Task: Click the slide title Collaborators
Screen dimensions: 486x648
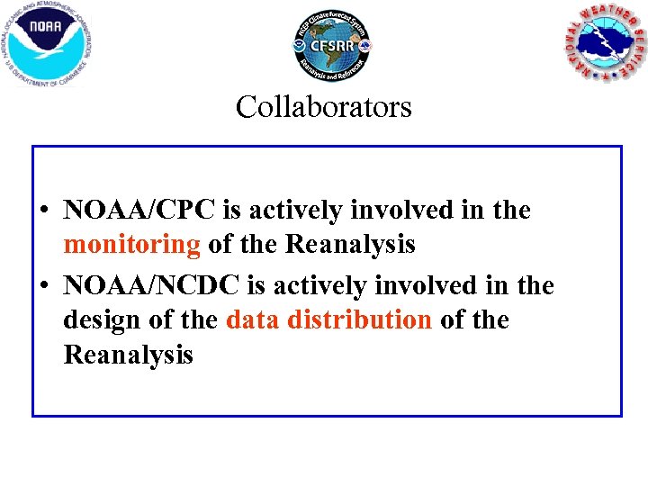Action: pyautogui.click(x=324, y=107)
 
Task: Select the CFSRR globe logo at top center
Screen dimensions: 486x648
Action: pyautogui.click(x=331, y=44)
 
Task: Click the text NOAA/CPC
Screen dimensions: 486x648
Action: pyautogui.click(x=139, y=211)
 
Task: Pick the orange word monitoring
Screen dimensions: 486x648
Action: pyautogui.click(x=131, y=244)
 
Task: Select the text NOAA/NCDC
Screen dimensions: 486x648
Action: pyautogui.click(x=151, y=286)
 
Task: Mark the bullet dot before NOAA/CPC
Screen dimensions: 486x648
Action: pyautogui.click(x=43, y=212)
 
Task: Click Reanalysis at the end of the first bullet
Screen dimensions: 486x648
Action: pyautogui.click(x=349, y=244)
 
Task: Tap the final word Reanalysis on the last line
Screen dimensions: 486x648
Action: pyautogui.click(x=128, y=355)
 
